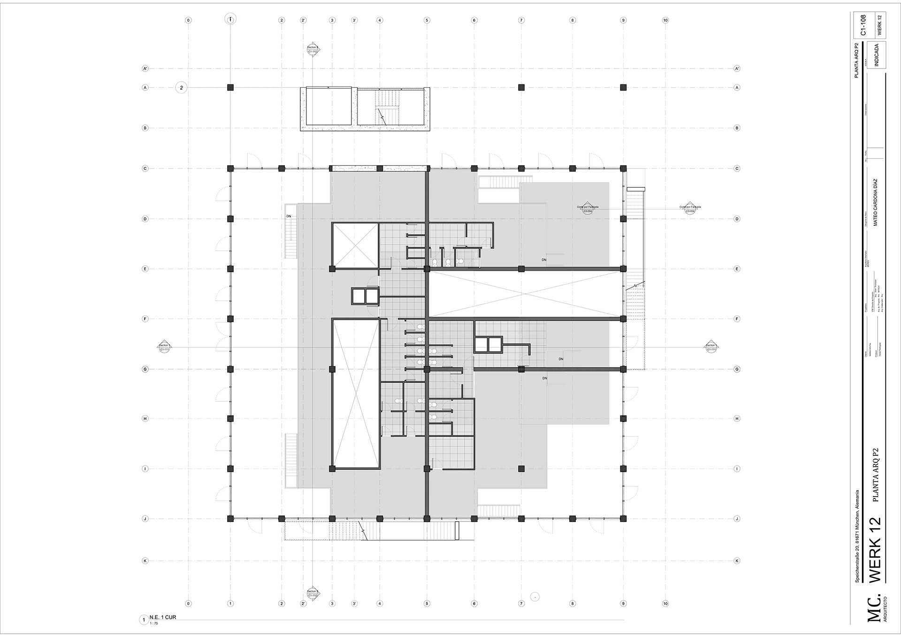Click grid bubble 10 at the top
665,20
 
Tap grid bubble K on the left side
145,560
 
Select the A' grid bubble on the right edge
737,69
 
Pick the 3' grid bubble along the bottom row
355,604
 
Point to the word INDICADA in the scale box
877,55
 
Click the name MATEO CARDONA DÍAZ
876,202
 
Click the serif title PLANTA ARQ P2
871,475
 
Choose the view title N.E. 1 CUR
163,617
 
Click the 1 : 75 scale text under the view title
154,623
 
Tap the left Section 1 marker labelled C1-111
164,347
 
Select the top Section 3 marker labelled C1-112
313,49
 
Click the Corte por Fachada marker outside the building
690,209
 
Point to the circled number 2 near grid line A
181,87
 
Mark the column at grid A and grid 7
521,87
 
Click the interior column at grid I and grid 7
521,468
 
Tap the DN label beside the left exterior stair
289,216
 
